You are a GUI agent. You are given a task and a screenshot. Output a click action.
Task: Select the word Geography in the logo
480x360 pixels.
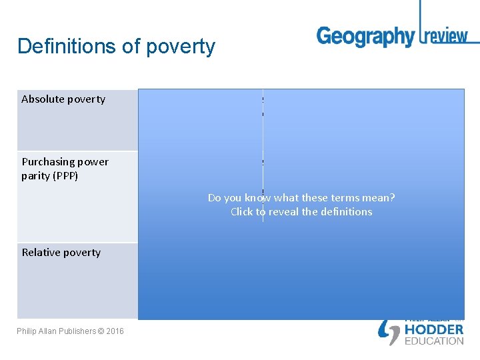click(x=365, y=36)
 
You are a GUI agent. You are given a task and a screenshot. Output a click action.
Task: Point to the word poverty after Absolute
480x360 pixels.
click(x=85, y=99)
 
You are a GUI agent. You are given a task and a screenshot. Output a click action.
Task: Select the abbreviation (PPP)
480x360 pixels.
click(x=66, y=176)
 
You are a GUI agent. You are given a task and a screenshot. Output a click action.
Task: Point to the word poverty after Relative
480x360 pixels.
click(x=81, y=253)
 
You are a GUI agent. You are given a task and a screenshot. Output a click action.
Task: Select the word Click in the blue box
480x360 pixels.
click(x=243, y=212)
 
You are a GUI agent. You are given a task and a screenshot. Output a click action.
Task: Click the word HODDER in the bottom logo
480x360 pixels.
click(x=434, y=329)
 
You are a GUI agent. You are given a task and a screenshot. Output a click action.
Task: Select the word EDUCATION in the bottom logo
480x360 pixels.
click(x=434, y=341)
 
